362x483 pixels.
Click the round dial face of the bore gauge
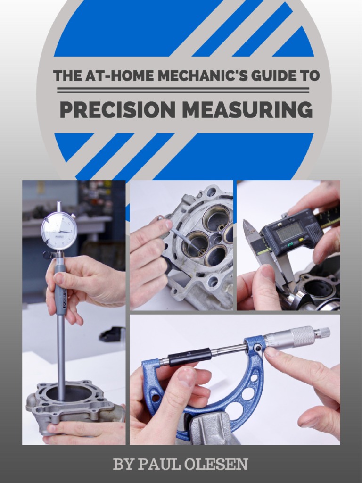coord(59,231)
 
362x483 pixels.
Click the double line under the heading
coord(183,90)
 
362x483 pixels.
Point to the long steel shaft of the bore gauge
coord(61,349)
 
